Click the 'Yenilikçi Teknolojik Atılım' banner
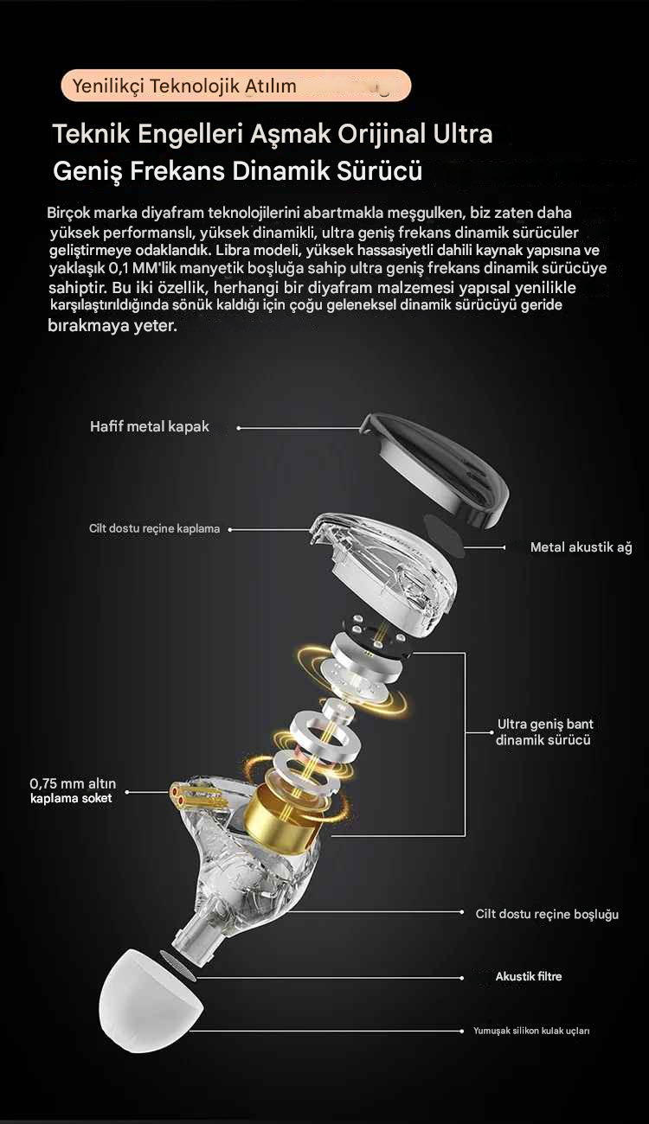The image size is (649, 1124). (x=236, y=86)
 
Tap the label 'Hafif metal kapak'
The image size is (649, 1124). (x=150, y=426)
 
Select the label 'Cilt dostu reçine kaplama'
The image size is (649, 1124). (x=154, y=528)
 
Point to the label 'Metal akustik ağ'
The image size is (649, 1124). (x=582, y=547)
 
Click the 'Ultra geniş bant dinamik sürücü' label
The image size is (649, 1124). (x=545, y=731)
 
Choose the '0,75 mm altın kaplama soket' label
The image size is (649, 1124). (x=73, y=790)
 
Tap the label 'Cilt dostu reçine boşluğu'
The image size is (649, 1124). (x=547, y=914)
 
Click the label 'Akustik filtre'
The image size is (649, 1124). (x=529, y=976)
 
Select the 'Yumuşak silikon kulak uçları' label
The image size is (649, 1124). (x=531, y=1030)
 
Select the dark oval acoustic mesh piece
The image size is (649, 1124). (x=444, y=535)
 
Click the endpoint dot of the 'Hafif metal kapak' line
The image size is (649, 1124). (x=239, y=428)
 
